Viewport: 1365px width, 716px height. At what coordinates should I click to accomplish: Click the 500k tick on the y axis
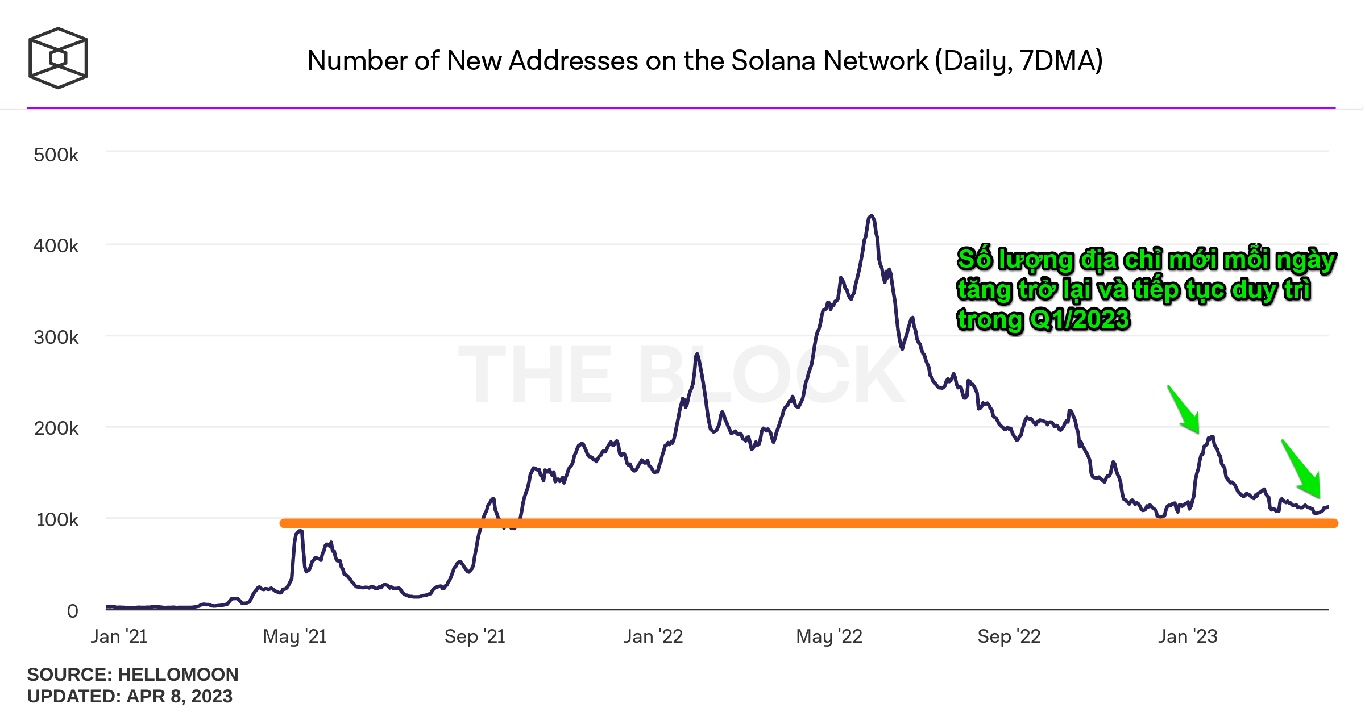coord(56,155)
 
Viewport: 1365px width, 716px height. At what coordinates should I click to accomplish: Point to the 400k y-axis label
coord(56,246)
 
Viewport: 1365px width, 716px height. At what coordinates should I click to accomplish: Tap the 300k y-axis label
coord(56,338)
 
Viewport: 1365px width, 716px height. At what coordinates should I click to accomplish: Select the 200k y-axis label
coord(56,428)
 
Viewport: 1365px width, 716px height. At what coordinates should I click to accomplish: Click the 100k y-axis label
coord(57,520)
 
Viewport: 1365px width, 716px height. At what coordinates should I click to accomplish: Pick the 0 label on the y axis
coord(72,611)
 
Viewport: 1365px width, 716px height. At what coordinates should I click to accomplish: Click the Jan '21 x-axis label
coord(119,636)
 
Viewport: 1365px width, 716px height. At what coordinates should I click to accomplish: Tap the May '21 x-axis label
coord(294,636)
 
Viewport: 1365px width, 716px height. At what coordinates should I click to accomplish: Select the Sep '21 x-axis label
coord(475,636)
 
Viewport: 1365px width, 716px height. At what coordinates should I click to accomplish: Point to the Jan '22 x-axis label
coord(653,636)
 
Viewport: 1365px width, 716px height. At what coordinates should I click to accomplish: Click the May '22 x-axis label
coord(829,636)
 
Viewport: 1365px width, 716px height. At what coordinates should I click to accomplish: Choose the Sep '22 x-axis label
coord(1009,636)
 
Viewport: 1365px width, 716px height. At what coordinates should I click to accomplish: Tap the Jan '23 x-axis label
coord(1188,636)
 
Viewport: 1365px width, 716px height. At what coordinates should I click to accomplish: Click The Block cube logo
coord(58,58)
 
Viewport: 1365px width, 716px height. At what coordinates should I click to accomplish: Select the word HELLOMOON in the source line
coord(178,675)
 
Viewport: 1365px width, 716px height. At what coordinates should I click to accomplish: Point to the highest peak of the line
coord(871,216)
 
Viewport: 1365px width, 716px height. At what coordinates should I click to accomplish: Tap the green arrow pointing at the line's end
coord(1302,470)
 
